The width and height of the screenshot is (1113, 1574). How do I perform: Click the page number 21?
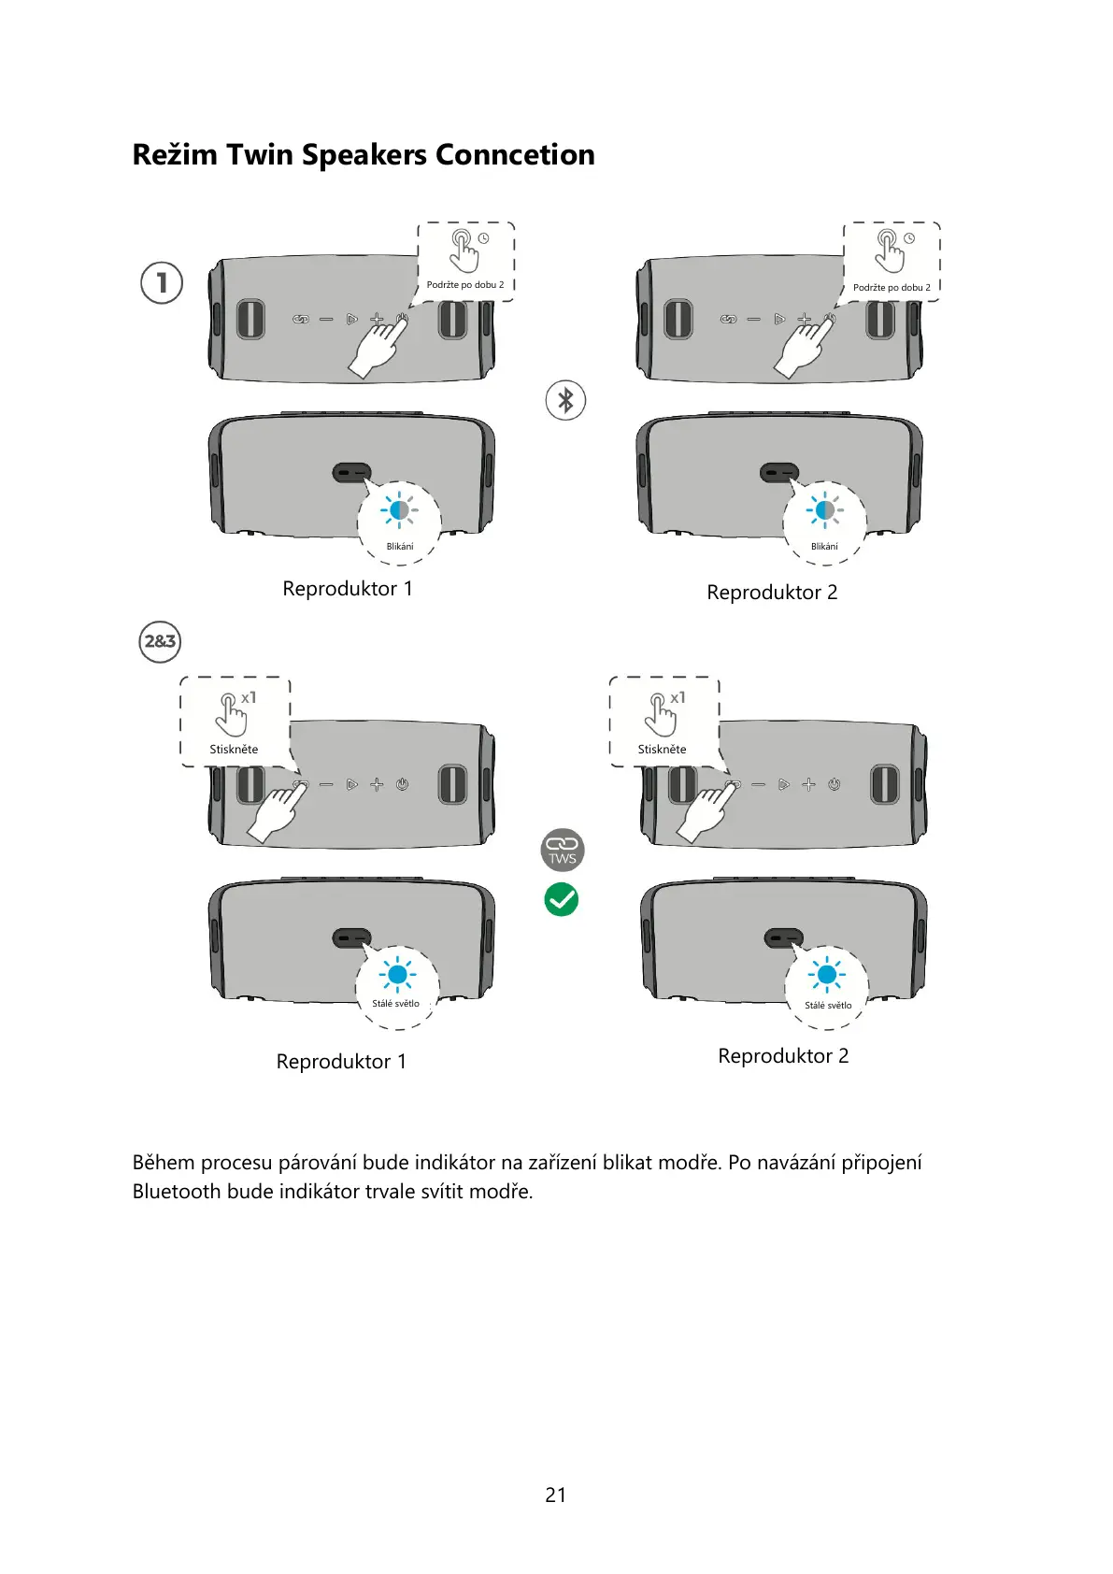click(x=555, y=1495)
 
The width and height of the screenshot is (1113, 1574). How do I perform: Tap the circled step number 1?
click(x=162, y=282)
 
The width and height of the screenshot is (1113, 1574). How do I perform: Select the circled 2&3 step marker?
click(x=160, y=642)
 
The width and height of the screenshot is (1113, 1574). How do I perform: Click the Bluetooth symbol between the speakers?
click(x=565, y=400)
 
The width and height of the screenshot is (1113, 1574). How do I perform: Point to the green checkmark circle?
click(x=562, y=899)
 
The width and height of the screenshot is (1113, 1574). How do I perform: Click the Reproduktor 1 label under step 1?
click(x=347, y=589)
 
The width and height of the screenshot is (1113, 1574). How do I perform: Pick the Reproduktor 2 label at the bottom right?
click(x=783, y=1056)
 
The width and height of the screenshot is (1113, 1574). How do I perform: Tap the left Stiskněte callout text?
click(x=234, y=749)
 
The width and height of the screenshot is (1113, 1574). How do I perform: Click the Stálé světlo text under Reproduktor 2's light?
click(x=828, y=1006)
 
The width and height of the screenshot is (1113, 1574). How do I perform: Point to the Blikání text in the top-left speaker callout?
click(x=400, y=547)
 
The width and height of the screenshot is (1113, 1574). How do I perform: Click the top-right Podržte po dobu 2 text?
click(x=892, y=287)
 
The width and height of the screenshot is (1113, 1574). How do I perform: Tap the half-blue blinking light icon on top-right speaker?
click(x=824, y=510)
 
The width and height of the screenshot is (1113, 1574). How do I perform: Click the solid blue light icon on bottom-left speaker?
click(x=397, y=975)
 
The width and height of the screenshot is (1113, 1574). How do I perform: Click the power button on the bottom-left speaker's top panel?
click(x=402, y=784)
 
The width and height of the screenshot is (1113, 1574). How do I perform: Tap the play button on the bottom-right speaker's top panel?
click(x=783, y=784)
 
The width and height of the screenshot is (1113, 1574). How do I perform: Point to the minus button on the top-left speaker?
click(x=326, y=320)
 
